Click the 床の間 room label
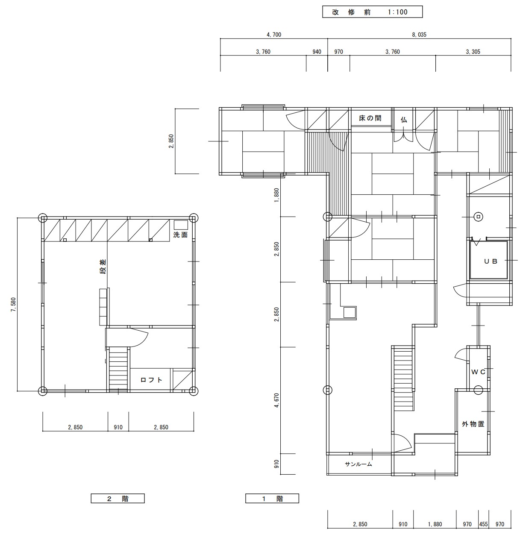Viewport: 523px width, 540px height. [370, 118]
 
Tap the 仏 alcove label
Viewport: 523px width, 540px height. [404, 120]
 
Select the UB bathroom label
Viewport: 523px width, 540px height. [491, 261]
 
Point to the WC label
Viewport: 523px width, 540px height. [478, 372]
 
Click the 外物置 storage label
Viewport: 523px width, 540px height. [473, 424]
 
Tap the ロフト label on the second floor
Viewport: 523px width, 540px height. [151, 380]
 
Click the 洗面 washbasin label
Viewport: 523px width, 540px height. [180, 235]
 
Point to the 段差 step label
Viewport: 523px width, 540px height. [103, 267]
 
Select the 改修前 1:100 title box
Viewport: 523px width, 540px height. [372, 12]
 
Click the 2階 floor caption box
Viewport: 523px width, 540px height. [118, 499]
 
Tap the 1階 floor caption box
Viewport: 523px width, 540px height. [272, 499]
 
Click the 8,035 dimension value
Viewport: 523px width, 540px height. [419, 35]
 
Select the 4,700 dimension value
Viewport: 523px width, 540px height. [274, 35]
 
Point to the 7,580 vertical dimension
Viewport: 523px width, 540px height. [13, 305]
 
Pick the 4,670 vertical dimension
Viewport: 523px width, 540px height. [276, 400]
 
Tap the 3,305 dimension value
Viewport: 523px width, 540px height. [473, 52]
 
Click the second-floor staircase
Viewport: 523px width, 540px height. [118, 369]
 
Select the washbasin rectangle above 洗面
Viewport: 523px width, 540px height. [181, 225]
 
